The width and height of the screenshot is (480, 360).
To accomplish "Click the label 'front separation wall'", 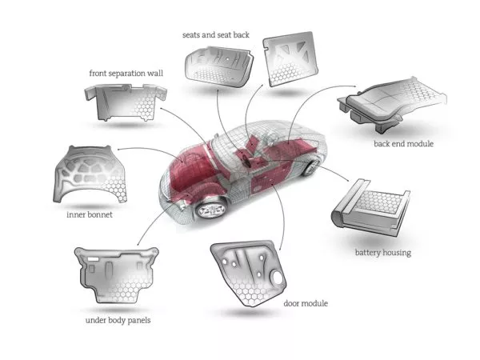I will [x=126, y=74].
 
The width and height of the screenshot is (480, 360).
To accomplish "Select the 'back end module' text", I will [x=403, y=144].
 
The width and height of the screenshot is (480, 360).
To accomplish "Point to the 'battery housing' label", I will [x=382, y=253].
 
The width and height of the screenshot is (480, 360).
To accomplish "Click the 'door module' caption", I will [x=306, y=303].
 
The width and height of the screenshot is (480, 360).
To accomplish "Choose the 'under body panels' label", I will [x=118, y=321].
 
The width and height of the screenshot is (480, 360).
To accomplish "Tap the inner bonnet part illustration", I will [x=91, y=175].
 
